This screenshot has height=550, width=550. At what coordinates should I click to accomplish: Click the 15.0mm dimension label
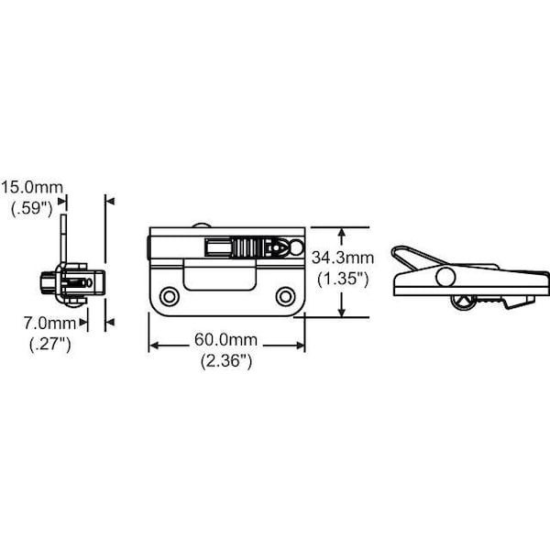[x=32, y=188]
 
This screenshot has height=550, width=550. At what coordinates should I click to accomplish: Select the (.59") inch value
[x=31, y=209]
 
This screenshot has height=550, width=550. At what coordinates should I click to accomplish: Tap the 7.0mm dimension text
[x=49, y=323]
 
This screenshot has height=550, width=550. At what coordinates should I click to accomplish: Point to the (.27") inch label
[x=50, y=344]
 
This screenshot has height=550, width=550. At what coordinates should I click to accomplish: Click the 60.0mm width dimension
[x=225, y=339]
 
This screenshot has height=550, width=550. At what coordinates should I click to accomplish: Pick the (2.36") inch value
[x=226, y=361]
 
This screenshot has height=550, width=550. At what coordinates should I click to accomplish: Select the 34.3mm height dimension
[x=343, y=258]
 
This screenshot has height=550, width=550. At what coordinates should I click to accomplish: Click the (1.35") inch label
[x=343, y=280]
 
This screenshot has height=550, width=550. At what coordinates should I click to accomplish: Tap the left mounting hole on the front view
[x=170, y=297]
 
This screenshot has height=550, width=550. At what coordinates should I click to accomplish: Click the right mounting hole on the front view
[x=285, y=297]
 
